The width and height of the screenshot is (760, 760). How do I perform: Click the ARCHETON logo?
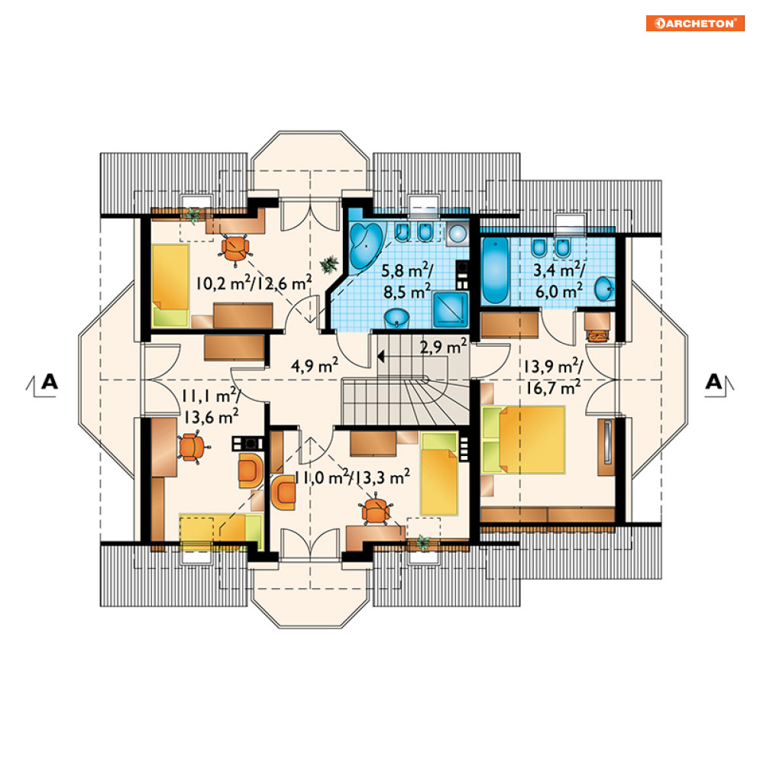tap(695, 23)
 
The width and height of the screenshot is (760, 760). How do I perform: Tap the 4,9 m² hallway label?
tap(315, 365)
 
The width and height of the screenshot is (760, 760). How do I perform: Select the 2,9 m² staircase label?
tap(444, 346)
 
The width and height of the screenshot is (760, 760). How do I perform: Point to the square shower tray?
tap(451, 309)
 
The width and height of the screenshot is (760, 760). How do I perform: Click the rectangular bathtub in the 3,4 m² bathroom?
tap(495, 270)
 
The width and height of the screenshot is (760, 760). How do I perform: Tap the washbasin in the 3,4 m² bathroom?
tap(605, 289)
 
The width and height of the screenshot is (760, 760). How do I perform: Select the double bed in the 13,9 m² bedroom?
tap(525, 440)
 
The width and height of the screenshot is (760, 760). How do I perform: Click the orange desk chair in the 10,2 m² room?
tap(235, 249)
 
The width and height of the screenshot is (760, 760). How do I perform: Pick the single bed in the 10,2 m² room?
tap(170, 284)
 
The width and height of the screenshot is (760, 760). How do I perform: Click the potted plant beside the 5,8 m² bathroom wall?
tap(329, 264)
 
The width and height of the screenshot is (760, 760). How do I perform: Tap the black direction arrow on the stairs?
tap(380, 357)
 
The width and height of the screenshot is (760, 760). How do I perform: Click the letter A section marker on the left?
tap(50, 382)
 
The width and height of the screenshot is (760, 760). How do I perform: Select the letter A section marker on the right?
tap(713, 382)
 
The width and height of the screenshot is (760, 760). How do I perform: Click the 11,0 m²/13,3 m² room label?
tap(352, 477)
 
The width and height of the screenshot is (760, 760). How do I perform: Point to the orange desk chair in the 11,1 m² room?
tap(193, 447)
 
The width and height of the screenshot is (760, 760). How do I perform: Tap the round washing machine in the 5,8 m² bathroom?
tap(458, 233)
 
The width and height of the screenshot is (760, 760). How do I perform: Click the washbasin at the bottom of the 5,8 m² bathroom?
tap(397, 319)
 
